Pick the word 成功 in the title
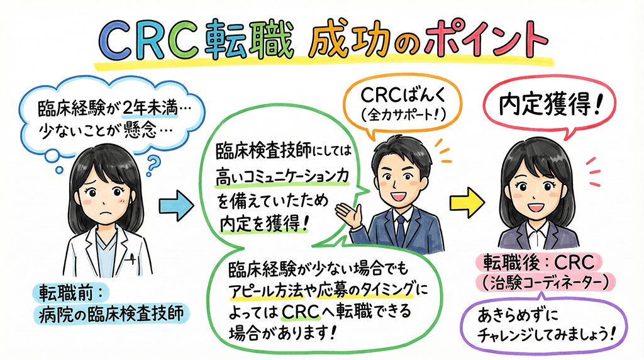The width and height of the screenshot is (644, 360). [x=335, y=42]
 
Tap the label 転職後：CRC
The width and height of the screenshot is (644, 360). [x=540, y=261]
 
